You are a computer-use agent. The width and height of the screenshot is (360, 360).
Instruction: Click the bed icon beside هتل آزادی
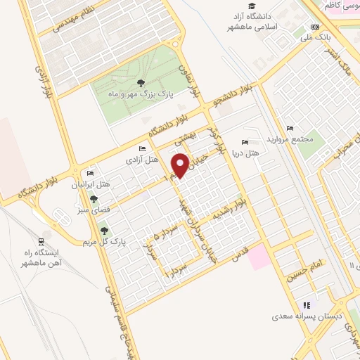point(143,149)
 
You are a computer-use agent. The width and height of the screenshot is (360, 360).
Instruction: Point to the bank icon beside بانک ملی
point(314,27)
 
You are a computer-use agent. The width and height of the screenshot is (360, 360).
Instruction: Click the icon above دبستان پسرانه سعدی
point(306,304)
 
